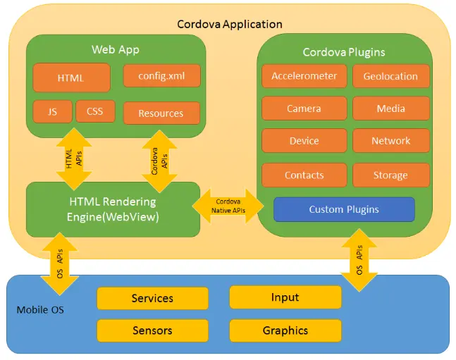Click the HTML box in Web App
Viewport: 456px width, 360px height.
(x=71, y=78)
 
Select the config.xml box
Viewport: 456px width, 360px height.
(x=161, y=76)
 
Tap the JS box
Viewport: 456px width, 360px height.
(x=52, y=111)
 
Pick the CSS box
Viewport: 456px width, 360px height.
(x=94, y=111)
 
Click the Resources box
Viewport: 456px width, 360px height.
(x=161, y=113)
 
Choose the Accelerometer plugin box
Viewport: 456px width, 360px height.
(x=304, y=77)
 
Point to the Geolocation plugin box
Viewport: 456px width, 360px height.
(x=390, y=77)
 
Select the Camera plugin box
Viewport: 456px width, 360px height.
(x=304, y=108)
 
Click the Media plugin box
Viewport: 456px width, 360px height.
(x=390, y=108)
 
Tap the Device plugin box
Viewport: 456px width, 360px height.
(x=304, y=141)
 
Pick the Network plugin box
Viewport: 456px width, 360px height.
(x=390, y=141)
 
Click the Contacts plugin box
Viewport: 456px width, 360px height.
(x=304, y=175)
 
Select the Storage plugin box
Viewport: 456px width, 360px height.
(x=390, y=175)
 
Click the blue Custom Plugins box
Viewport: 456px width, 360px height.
(x=344, y=209)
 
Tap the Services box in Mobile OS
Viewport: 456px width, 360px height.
(x=152, y=298)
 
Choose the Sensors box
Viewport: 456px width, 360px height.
(x=152, y=330)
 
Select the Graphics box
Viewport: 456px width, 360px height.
(x=285, y=330)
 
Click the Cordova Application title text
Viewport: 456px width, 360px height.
(x=229, y=24)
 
